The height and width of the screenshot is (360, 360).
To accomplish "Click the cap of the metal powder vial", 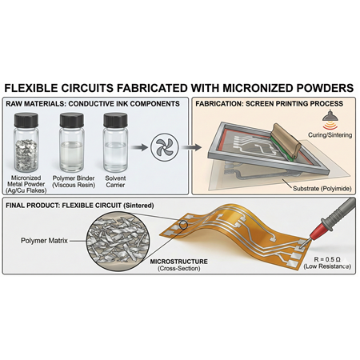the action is (x=26, y=120).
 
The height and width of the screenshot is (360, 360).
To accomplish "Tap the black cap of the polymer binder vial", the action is (x=71, y=120).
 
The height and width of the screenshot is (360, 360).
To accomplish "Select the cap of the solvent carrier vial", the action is (x=115, y=120).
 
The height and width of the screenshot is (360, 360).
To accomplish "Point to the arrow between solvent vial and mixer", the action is (x=139, y=147).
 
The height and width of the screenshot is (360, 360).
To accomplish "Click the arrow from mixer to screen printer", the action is (x=191, y=147).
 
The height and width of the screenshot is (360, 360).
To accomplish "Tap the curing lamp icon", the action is (x=330, y=120).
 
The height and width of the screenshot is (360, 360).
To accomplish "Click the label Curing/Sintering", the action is (x=330, y=135).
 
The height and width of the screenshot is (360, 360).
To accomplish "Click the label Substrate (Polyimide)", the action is (x=322, y=189).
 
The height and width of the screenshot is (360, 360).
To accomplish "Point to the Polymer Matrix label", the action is (x=44, y=241).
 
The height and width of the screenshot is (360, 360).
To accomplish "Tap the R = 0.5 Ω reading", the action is (x=327, y=259).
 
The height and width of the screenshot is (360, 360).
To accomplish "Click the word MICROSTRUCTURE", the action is (x=178, y=262).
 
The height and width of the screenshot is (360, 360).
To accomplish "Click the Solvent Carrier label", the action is (x=115, y=182).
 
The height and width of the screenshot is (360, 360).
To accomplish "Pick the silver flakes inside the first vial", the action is (x=26, y=154).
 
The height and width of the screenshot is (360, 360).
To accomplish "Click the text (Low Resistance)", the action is (x=327, y=266).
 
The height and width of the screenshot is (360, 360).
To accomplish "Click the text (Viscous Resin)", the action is (x=74, y=185).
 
